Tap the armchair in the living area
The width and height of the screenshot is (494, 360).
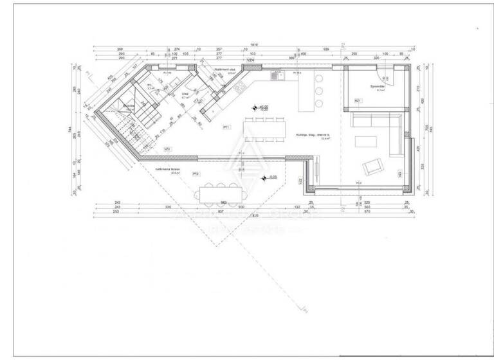(372, 168)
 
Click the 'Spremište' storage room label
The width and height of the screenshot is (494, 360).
(377, 85)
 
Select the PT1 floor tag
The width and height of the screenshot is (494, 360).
(226, 127)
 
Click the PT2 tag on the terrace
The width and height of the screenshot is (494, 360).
(196, 174)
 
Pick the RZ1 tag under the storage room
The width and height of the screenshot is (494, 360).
(358, 101)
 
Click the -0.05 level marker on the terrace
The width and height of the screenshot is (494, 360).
(264, 178)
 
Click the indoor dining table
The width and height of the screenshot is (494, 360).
(264, 129)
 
